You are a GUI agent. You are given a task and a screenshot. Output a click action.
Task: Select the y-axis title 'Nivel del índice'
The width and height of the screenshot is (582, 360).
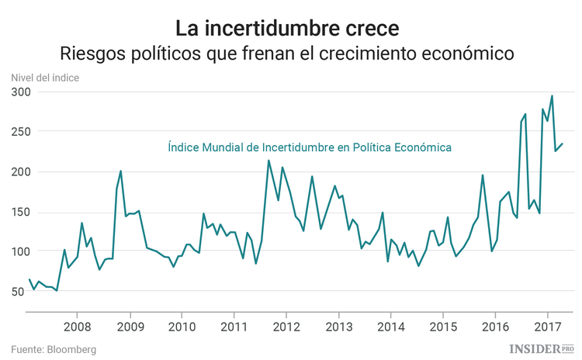[45, 77]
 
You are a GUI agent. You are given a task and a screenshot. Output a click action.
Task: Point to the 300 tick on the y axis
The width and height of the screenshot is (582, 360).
[20, 92]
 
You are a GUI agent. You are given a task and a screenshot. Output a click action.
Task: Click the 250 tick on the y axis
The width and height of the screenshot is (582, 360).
[20, 132]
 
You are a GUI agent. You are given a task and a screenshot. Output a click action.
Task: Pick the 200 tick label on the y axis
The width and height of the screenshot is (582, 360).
[20, 171]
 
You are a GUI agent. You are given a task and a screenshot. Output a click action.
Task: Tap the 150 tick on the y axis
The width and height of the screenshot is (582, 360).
[20, 212]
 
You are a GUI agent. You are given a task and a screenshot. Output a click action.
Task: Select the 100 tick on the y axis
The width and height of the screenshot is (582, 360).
[20, 251]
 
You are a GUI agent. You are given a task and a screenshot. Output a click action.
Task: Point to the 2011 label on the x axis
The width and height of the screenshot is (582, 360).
[234, 325]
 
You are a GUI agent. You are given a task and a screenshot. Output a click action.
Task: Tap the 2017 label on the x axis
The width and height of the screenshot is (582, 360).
[548, 325]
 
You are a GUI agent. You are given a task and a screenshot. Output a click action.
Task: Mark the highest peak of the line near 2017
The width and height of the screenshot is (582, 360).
[552, 96]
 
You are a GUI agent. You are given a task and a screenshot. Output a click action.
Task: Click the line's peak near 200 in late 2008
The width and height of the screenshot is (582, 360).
[120, 171]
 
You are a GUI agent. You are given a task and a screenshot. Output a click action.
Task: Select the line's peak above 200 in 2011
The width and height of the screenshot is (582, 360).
[268, 161]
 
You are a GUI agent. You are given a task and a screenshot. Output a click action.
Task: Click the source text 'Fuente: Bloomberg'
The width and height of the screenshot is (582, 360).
[54, 350]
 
